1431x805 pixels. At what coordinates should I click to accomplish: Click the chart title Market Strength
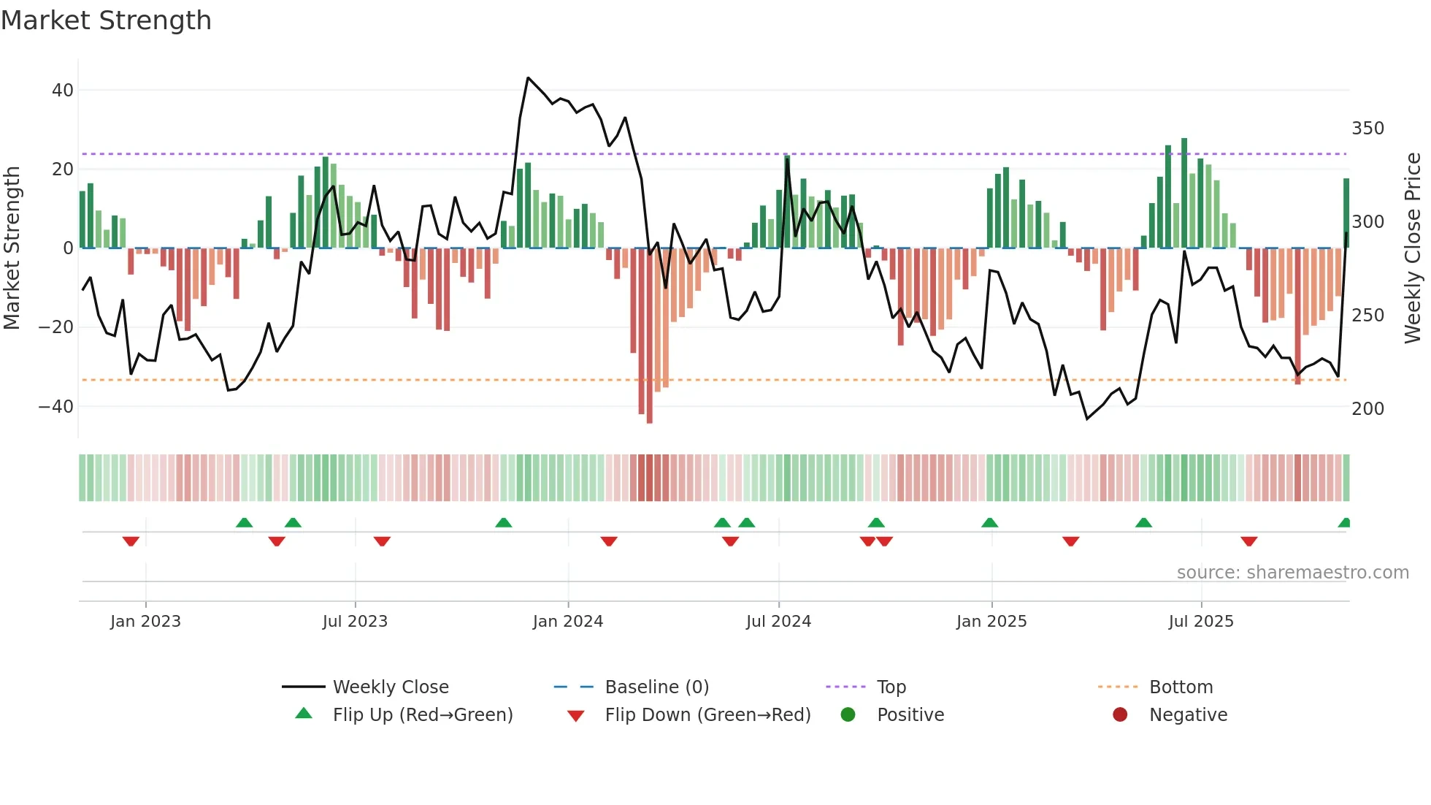[x=106, y=20]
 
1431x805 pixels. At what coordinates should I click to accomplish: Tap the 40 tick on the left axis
[x=63, y=91]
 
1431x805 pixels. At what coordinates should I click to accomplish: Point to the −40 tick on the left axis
[x=56, y=406]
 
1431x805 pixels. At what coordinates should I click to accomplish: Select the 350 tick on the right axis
[x=1367, y=129]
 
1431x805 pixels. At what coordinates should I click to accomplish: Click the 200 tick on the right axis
[x=1367, y=409]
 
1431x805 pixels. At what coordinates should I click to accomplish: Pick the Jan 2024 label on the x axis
[x=567, y=622]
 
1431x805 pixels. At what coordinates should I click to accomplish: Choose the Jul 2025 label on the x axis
[x=1200, y=622]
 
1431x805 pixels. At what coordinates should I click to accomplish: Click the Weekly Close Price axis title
[x=1413, y=248]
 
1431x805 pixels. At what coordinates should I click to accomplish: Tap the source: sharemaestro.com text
[x=1292, y=573]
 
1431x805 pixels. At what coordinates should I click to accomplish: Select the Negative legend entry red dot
[x=1119, y=715]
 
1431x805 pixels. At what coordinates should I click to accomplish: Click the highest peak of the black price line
[x=528, y=78]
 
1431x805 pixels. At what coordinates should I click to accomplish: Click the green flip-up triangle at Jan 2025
[x=989, y=523]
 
